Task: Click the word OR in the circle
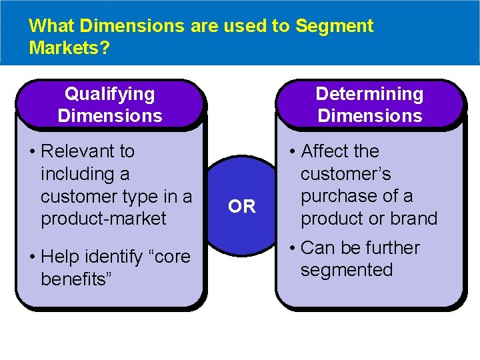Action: (241, 207)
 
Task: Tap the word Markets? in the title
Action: (70, 48)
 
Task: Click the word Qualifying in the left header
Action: (109, 94)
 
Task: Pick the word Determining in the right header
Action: (369, 94)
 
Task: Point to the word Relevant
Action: (87, 151)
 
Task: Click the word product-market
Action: (103, 219)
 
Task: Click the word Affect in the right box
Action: (325, 151)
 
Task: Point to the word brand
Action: (415, 219)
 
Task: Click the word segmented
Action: (347, 270)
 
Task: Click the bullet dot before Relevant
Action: (32, 152)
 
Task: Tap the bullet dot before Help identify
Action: (32, 257)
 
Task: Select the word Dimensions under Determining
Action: (369, 115)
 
